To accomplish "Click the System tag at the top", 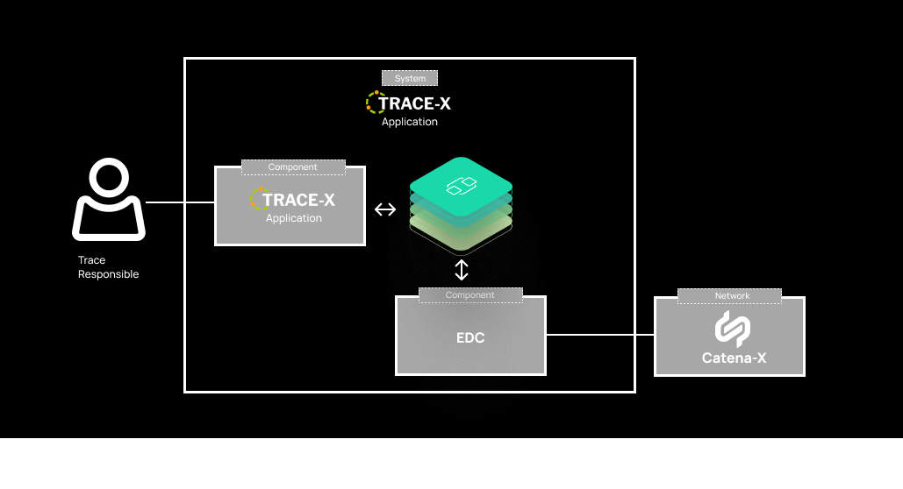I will click(410, 78).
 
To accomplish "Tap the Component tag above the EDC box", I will click(469, 295).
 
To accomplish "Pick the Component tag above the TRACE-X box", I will click(293, 167).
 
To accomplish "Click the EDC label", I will click(470, 337).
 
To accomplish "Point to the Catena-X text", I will click(729, 358).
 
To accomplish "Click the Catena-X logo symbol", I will click(729, 329).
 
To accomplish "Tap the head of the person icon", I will click(110, 180).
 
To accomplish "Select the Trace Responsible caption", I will click(108, 267).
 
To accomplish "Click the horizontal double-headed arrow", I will click(385, 209).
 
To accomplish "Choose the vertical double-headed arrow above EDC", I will click(462, 269).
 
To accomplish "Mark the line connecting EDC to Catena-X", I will click(600, 335).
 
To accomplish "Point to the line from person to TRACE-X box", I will click(180, 202).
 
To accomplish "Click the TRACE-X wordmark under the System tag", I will click(414, 103).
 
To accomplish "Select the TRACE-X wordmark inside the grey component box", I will click(298, 201).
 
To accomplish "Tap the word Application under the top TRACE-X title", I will click(410, 122).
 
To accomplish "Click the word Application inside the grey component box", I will click(294, 218).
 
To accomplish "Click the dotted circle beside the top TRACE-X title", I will click(374, 103).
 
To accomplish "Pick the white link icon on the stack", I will click(461, 185).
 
